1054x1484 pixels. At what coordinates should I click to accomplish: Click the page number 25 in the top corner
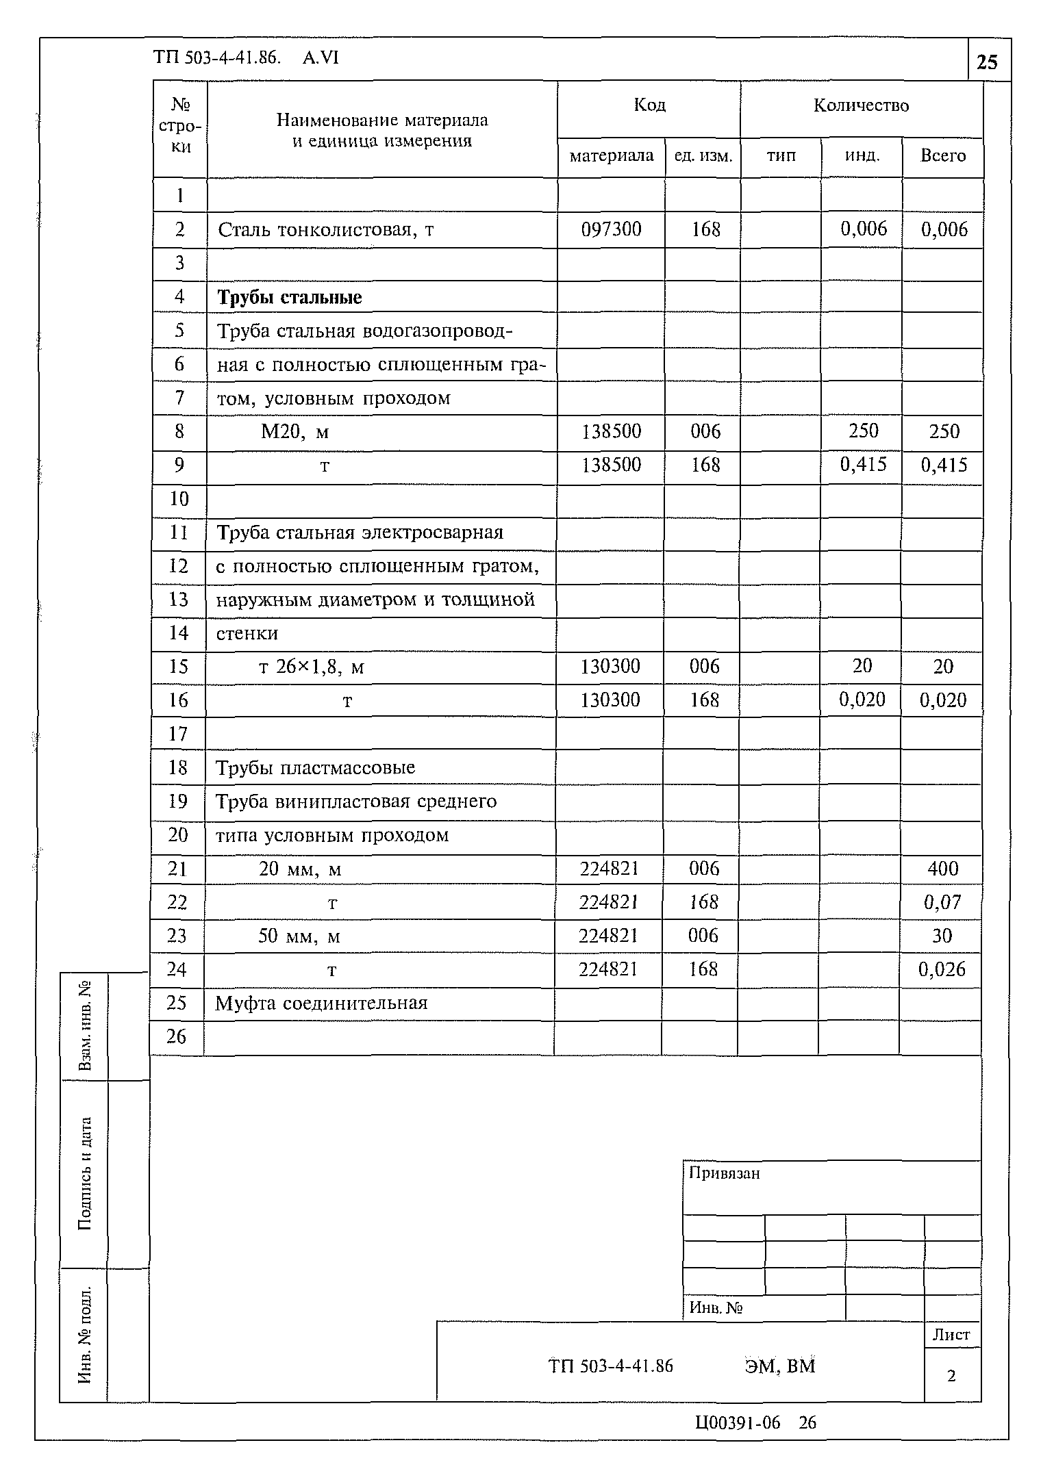987,63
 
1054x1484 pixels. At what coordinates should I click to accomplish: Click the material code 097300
611,229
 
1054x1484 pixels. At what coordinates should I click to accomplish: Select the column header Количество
861,105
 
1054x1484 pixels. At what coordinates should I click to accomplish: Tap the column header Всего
942,156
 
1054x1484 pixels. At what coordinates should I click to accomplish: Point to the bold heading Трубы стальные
290,297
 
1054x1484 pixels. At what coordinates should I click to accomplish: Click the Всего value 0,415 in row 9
944,465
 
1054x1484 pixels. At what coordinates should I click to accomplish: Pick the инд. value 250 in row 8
863,431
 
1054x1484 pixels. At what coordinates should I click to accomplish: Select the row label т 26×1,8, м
311,667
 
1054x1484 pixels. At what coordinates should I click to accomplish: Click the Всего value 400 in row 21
942,869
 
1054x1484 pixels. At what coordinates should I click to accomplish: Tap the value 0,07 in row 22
942,902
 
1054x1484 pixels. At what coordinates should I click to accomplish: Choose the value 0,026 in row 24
942,969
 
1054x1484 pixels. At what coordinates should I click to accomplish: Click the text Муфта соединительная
321,1003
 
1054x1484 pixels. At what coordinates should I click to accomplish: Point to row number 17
177,734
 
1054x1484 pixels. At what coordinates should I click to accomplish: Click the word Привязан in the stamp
724,1173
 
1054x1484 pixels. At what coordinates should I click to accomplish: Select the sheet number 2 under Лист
951,1375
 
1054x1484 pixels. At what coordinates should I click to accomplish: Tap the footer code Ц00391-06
738,1423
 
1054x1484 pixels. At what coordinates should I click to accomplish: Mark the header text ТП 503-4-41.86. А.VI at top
247,59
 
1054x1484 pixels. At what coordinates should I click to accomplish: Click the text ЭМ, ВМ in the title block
780,1366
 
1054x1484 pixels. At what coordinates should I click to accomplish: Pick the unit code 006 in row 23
703,936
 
